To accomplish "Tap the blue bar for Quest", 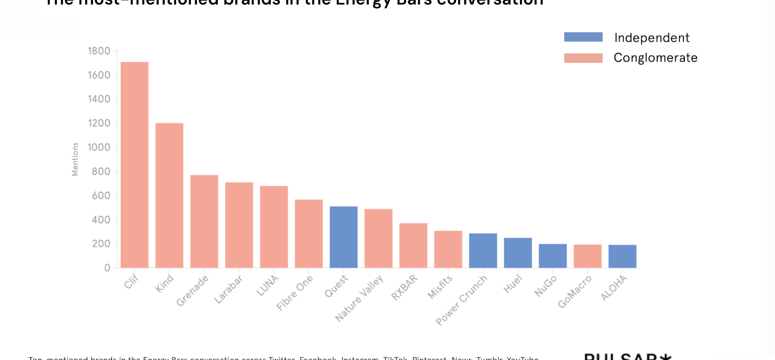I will click(344, 237).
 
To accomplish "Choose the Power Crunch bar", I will click(483, 250).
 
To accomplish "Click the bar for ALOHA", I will click(623, 256).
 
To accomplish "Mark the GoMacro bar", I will click(587, 256).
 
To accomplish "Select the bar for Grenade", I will click(204, 222).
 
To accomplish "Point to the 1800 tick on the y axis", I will click(99, 51).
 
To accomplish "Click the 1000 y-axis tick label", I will click(99, 148).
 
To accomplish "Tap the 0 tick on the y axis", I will click(107, 268).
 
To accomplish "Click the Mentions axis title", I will click(75, 159).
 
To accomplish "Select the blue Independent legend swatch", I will click(583, 37).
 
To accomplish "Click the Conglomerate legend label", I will click(655, 58).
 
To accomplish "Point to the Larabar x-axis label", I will click(229, 289).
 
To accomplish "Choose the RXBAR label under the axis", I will click(405, 286).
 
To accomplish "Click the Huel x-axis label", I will click(513, 283).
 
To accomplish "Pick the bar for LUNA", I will click(274, 227).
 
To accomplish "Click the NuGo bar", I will click(553, 256).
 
